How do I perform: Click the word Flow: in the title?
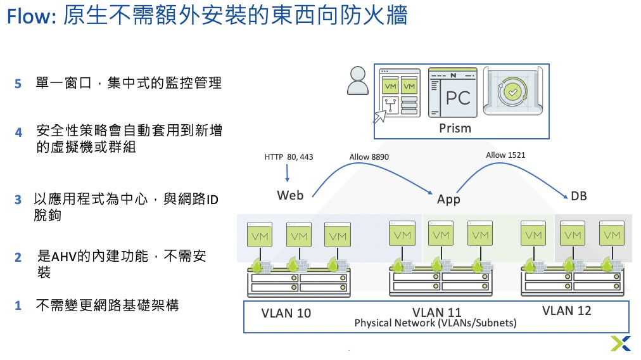(x=31, y=17)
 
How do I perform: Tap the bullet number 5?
(x=18, y=84)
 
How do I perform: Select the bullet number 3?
(x=18, y=200)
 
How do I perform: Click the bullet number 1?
(x=18, y=305)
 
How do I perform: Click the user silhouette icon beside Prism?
(x=358, y=80)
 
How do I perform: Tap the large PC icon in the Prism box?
(x=452, y=93)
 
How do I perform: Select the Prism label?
(x=455, y=129)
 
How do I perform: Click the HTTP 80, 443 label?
(x=289, y=157)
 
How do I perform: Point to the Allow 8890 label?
(x=369, y=157)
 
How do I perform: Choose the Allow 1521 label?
(x=505, y=155)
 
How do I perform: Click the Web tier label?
(x=290, y=196)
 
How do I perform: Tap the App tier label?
(x=448, y=199)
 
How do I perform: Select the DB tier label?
(x=579, y=196)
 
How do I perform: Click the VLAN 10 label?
(x=286, y=313)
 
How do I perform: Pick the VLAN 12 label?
(x=567, y=311)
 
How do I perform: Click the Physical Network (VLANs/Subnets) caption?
(x=435, y=323)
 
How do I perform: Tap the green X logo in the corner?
(x=621, y=344)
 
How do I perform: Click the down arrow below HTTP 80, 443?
(x=288, y=173)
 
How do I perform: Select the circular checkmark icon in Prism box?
(x=513, y=92)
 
